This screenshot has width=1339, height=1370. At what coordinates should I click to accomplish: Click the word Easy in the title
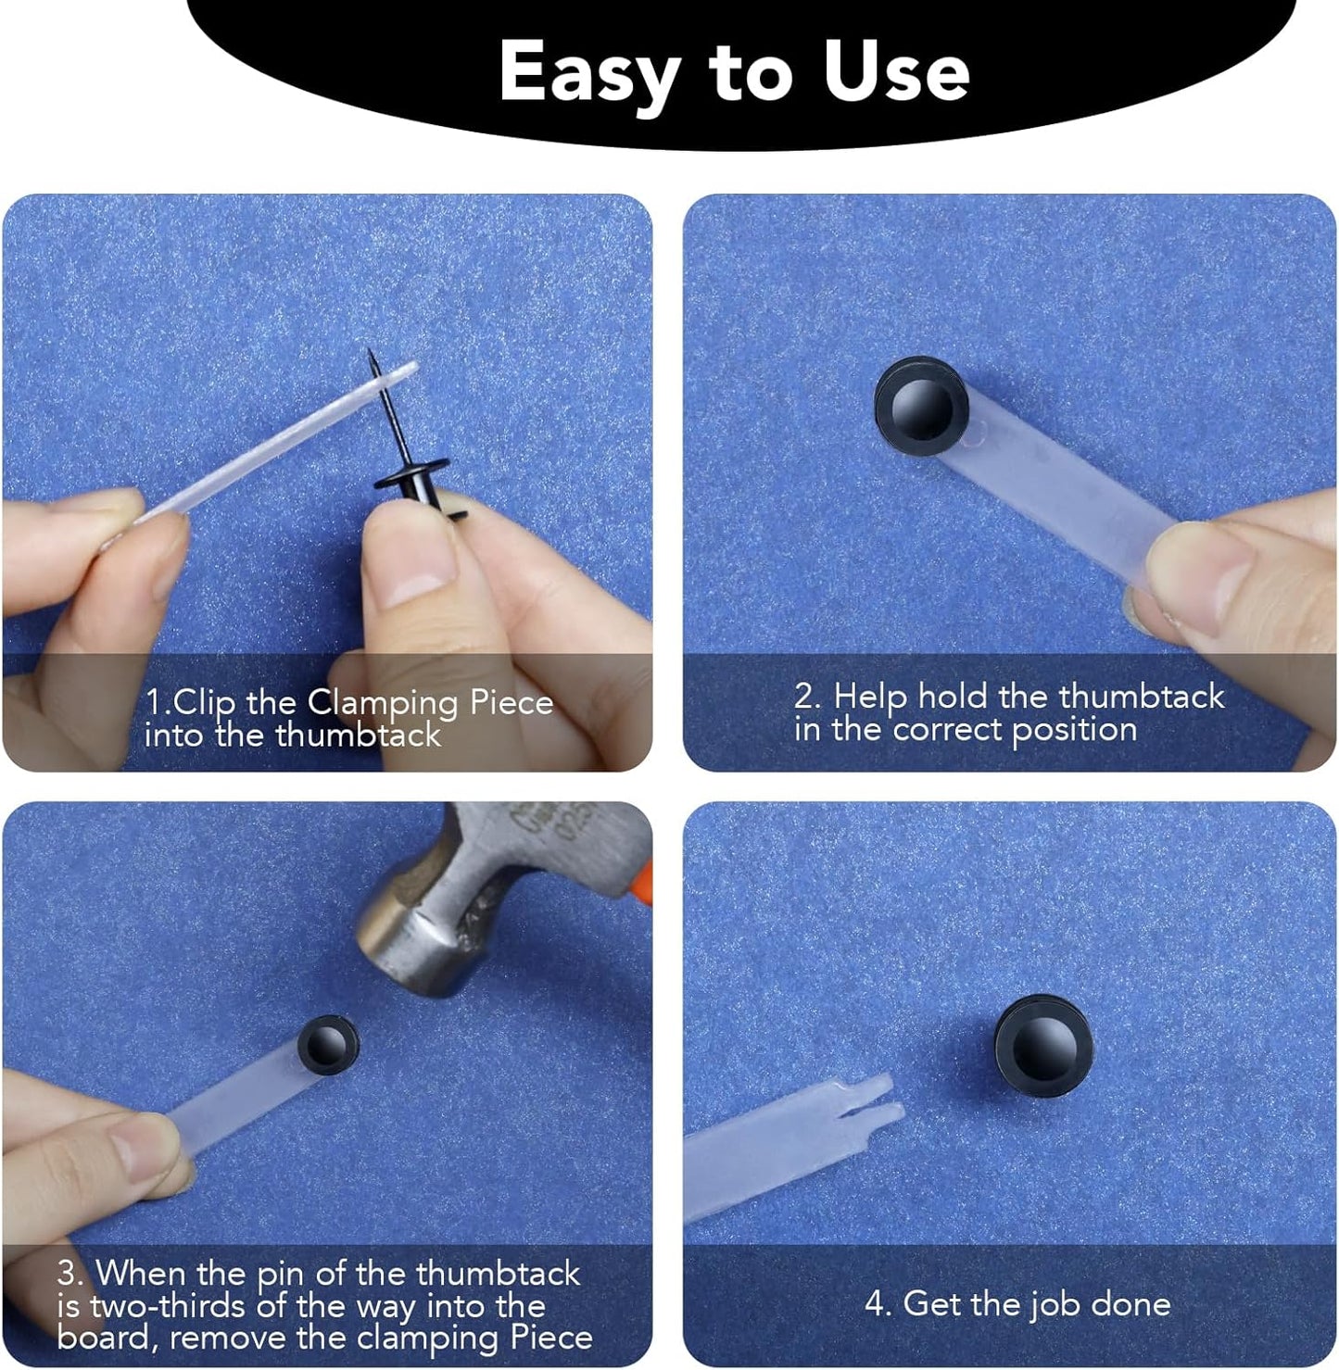[589, 72]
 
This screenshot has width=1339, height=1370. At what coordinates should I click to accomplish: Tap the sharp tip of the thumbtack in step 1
[369, 352]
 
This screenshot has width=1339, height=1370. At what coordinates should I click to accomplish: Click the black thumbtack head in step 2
[921, 408]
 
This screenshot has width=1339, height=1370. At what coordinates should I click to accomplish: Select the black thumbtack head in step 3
[328, 1044]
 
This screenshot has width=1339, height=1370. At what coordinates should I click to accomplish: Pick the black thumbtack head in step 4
[1043, 1047]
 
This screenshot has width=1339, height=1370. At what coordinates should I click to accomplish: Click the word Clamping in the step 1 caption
[384, 702]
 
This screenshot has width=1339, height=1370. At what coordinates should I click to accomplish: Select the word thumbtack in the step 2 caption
[1141, 696]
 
